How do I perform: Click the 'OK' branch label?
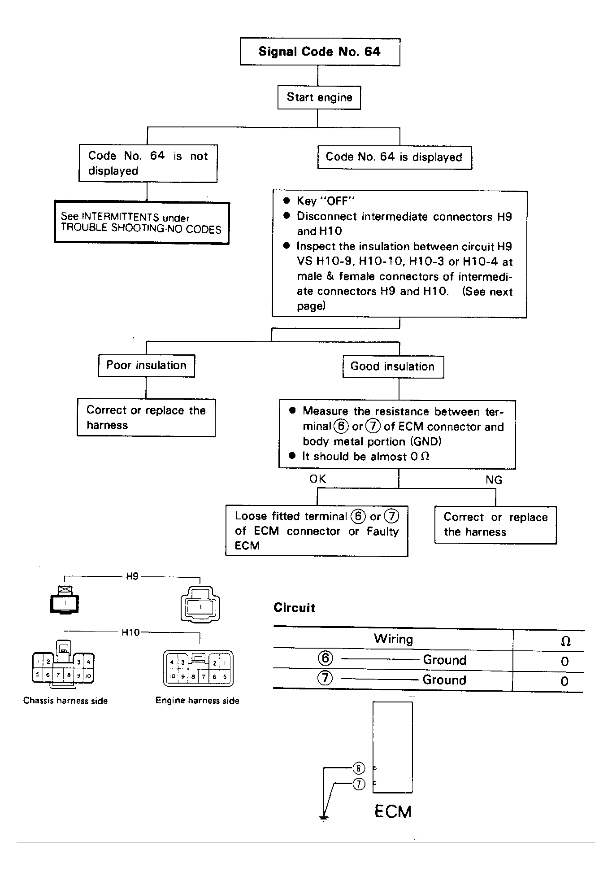tap(318, 479)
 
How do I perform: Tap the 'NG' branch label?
tap(494, 480)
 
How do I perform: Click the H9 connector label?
tap(132, 576)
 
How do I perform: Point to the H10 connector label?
tap(130, 632)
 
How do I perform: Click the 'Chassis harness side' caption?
tap(65, 701)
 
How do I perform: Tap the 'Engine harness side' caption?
tap(197, 701)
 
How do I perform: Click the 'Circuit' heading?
tap(294, 608)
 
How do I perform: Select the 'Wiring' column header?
tap(393, 639)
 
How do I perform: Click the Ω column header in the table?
tap(566, 641)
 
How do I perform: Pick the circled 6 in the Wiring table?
tap(325, 658)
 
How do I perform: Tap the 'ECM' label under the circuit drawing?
tap(393, 812)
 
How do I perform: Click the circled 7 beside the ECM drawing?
tap(359, 784)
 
